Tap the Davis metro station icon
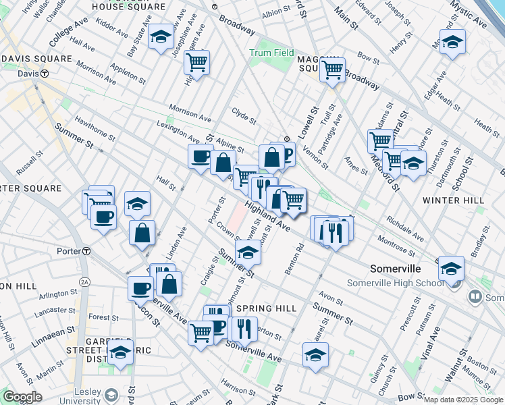44,74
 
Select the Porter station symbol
86,251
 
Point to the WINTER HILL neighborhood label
453,200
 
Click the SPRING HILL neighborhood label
267,308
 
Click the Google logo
23,397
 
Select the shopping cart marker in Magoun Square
332,69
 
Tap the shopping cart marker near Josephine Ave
196,62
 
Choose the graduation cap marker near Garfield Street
121,352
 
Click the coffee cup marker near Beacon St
141,288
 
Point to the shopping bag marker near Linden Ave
142,234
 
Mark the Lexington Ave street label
177,132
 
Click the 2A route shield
85,281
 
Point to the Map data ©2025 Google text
462,400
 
